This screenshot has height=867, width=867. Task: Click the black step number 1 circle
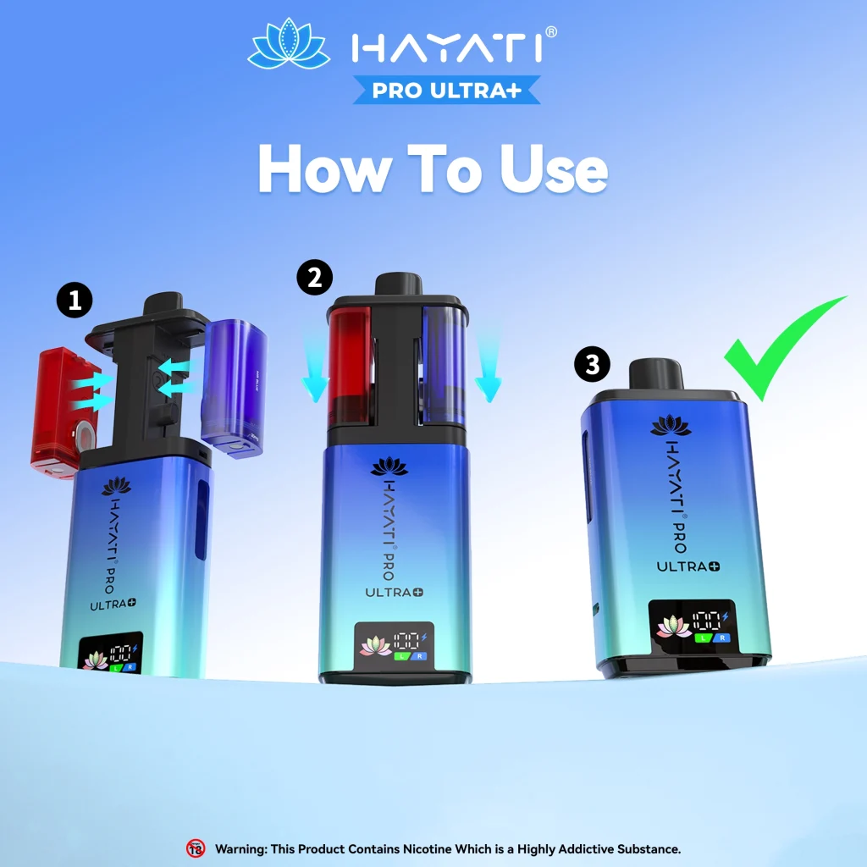pos(75,301)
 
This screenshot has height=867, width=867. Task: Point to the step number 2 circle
pos(314,278)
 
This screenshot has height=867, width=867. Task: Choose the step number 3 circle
pos(592,365)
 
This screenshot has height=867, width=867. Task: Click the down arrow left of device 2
pos(315,370)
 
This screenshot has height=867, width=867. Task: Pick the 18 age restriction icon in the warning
pos(196,848)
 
